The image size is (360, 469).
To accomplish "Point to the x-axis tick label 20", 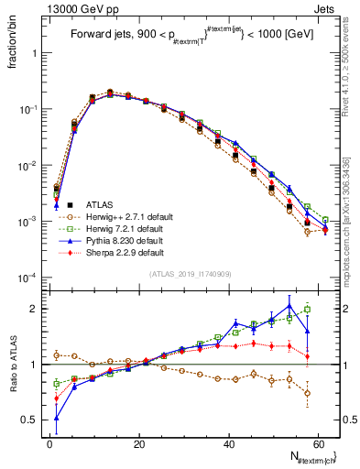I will pos(139,442).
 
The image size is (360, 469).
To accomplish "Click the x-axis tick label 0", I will pos(49,442).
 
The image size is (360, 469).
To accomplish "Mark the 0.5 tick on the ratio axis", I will pos(33,420).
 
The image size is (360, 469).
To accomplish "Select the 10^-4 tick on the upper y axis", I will pos(29,278).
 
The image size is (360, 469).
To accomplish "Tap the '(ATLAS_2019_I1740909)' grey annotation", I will pos(191,274).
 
